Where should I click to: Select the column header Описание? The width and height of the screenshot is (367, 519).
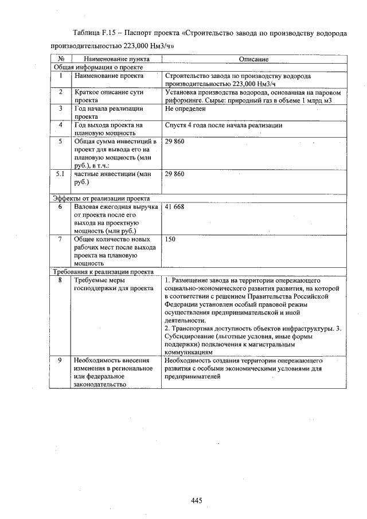[253, 59]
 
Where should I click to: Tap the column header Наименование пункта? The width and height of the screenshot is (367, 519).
[116, 59]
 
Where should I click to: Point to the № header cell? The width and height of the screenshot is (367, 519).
[60, 59]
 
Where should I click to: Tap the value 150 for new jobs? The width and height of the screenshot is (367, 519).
[170, 239]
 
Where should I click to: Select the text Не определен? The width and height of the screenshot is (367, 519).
[185, 108]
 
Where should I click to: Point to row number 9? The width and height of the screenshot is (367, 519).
[60, 361]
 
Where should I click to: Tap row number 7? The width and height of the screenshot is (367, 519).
[60, 239]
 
